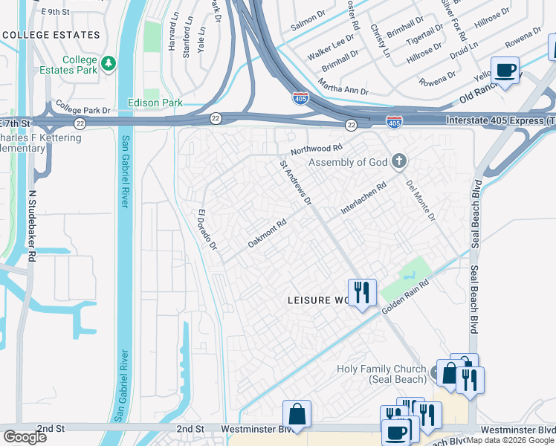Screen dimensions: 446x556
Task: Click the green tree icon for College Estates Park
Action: click(109, 63)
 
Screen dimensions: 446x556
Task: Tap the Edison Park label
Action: click(155, 103)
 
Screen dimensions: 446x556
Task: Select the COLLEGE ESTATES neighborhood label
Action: click(51, 35)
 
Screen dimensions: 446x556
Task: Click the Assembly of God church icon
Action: click(399, 161)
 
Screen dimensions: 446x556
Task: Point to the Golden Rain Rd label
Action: click(406, 296)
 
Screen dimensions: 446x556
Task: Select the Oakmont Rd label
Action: click(267, 233)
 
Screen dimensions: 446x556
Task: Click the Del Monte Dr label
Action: click(421, 200)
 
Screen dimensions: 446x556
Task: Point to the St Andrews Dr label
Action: click(295, 181)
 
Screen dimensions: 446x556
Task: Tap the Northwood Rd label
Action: click(316, 149)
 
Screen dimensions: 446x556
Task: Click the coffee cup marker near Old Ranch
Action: click(505, 71)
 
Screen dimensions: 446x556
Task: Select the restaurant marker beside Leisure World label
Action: click(361, 291)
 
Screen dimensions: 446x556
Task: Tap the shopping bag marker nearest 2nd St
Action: click(297, 413)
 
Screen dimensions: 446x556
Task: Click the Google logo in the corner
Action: click(25, 437)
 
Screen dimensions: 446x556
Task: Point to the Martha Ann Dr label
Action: click(343, 85)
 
